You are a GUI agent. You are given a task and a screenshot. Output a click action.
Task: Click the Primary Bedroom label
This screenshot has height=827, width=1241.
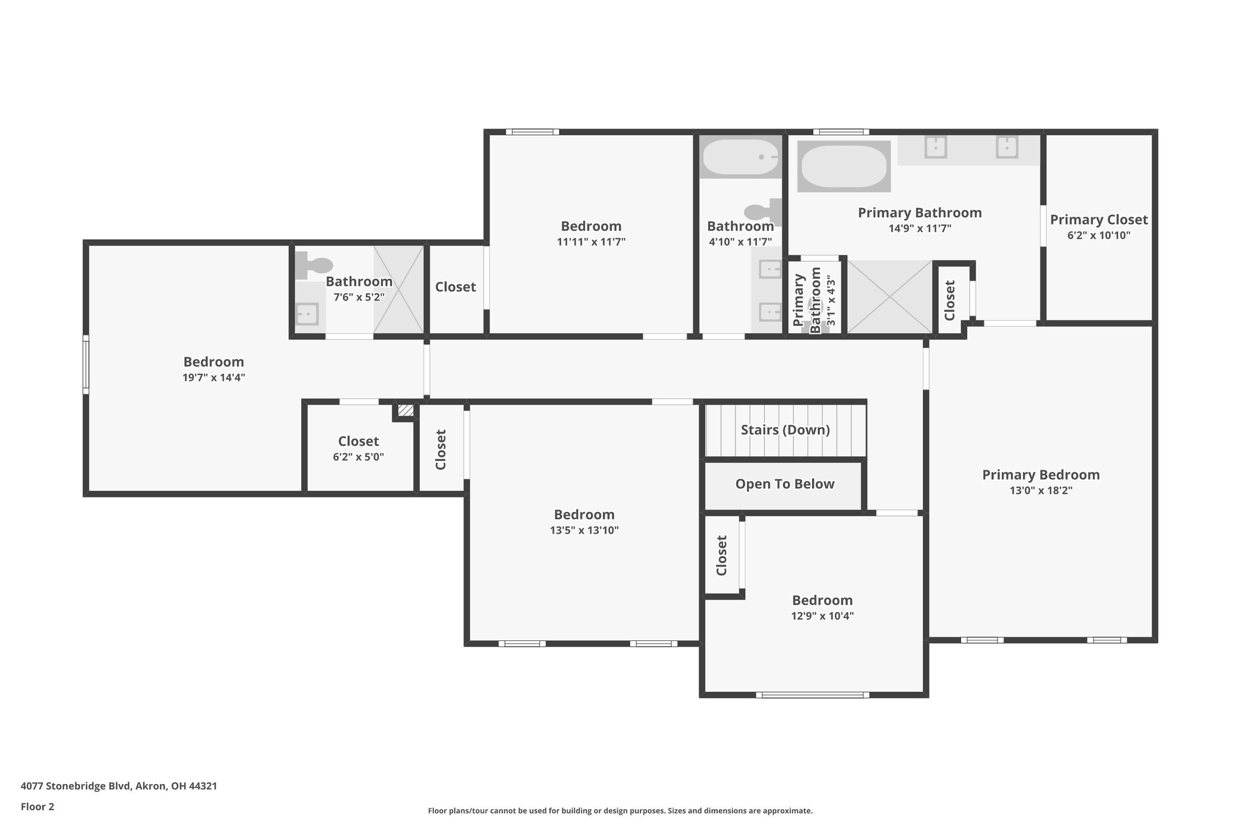1040,475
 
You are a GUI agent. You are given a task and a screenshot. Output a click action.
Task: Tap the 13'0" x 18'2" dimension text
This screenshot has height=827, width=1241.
1040,491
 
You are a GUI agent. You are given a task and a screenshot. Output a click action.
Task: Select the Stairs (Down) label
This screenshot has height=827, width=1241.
785,430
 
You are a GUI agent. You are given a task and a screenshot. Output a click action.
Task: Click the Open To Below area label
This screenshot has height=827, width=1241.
785,484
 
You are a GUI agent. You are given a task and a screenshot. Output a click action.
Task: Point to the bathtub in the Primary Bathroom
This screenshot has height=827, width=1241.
843,166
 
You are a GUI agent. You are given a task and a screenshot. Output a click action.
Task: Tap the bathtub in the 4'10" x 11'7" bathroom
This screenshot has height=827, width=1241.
740,157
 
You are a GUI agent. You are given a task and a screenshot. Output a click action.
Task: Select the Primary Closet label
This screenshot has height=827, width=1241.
1099,220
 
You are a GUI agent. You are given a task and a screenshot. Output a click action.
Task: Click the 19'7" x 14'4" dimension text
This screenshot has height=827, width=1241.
213,377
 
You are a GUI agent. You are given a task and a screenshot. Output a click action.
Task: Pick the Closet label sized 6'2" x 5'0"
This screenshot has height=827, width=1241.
358,442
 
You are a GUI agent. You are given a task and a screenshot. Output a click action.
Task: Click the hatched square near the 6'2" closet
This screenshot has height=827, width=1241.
405,411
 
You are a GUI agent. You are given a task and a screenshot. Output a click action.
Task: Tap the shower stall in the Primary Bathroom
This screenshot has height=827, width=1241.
889,297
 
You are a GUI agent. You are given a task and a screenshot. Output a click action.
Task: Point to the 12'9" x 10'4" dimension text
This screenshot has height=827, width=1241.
822,616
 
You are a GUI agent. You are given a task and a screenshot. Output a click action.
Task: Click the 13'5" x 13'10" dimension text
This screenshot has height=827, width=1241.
584,530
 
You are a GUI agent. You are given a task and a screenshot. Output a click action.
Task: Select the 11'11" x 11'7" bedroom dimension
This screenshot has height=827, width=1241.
591,242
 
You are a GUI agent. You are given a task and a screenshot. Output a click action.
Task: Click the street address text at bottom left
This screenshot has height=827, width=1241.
119,786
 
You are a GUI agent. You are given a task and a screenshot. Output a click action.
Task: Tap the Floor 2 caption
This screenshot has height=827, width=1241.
38,806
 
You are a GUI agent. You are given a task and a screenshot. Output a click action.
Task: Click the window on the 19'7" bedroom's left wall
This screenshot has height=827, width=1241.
86,364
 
